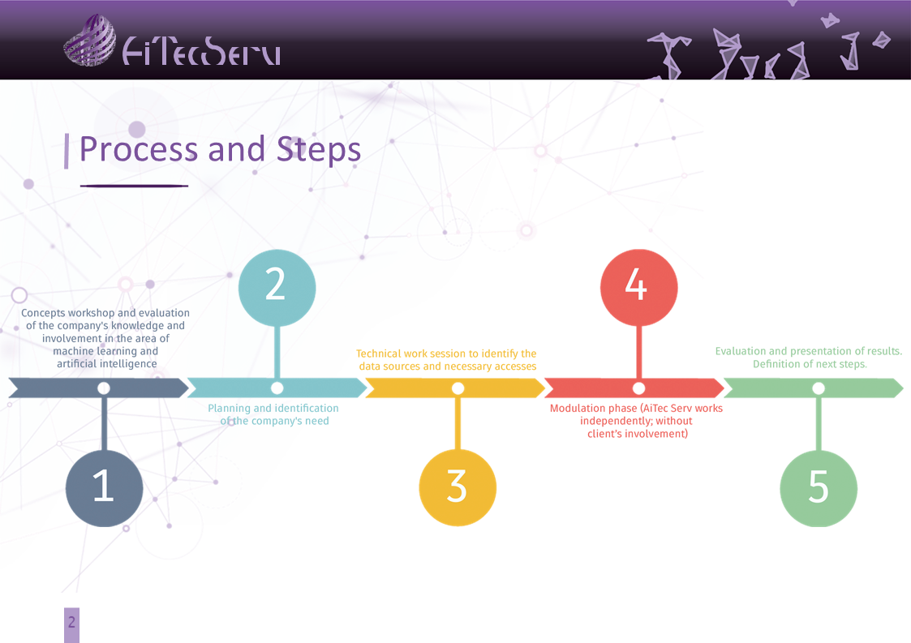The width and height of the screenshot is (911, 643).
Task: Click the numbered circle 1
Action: coord(104,488)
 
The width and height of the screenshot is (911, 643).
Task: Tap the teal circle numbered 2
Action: coord(277,288)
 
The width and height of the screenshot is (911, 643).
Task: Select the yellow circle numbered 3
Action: coord(458,487)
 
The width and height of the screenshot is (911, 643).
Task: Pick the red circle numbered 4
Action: coord(639,288)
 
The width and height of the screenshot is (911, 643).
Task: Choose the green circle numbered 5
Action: coord(819,488)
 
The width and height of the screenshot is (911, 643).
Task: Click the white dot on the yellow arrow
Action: coord(458,388)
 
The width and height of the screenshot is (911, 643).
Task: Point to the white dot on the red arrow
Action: coord(638,388)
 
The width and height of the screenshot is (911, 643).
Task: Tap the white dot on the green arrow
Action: coord(819,388)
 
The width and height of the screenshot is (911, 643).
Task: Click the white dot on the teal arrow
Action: coord(277,388)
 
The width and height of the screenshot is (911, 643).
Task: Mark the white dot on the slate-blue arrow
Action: coord(104,388)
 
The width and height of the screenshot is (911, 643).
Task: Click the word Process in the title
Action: coord(139,149)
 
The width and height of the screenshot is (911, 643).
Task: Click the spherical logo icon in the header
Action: coord(89,40)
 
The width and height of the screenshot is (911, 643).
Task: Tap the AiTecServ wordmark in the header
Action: coord(202,51)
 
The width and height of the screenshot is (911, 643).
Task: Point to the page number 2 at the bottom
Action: coord(71,623)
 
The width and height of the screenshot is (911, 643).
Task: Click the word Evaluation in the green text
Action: coord(740,351)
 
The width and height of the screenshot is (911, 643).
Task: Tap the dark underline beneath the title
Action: coord(134,186)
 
